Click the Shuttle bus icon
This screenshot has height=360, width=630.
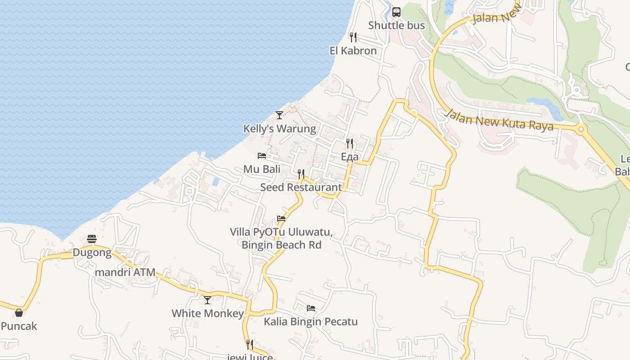coord(396,12)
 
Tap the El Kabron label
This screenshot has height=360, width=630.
coord(353,50)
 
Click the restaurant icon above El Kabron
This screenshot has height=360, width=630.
coord(353,37)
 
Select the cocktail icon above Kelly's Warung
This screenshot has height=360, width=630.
coord(279,115)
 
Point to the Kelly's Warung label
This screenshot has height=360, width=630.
coord(279,129)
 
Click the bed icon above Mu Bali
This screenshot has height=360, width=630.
coord(262,156)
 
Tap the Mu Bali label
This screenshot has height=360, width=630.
coord(262,169)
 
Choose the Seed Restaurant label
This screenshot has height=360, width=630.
coord(301,187)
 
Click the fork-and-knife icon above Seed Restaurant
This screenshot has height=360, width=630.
coord(301,174)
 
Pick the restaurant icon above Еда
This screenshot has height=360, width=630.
coord(350,143)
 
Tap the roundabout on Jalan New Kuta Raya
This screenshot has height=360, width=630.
coord(581,130)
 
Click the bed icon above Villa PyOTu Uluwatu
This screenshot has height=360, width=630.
coord(281,219)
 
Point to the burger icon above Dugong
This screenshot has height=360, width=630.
coord(92,238)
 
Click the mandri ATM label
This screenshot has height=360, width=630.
coord(125,272)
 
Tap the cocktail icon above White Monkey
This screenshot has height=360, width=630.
coord(207,300)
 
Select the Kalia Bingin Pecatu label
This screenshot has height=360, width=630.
coord(310,322)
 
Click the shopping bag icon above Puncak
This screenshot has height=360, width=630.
coord(19,312)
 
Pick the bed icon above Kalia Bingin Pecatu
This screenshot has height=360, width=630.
coord(310,308)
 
